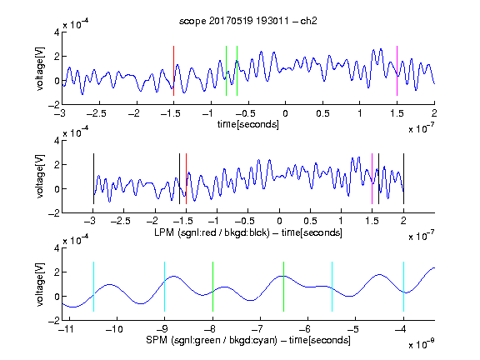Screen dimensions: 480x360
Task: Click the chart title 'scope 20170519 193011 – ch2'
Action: click(x=248, y=21)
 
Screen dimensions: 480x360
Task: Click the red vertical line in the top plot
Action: click(x=173, y=71)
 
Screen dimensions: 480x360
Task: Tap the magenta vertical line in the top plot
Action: click(x=397, y=71)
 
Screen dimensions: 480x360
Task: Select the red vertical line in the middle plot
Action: click(x=186, y=179)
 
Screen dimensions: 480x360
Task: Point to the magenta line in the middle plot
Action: click(x=372, y=179)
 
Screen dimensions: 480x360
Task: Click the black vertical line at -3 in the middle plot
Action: click(x=93, y=179)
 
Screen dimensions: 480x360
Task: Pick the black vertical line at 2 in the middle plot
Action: click(x=403, y=179)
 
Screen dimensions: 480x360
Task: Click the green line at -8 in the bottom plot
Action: click(x=212, y=287)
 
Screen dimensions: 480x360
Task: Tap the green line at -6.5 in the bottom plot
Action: click(x=284, y=287)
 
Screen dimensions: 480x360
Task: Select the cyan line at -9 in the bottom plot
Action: click(x=165, y=287)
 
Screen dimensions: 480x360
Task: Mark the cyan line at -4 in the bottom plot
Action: click(x=403, y=287)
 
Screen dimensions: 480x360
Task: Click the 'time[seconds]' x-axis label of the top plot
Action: click(x=248, y=124)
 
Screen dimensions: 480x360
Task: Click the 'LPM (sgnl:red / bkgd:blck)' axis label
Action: click(x=212, y=232)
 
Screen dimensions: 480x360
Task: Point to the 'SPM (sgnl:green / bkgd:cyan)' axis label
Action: click(x=212, y=340)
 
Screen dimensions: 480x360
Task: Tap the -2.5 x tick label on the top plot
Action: click(x=97, y=113)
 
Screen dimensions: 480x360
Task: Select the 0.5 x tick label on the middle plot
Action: click(x=310, y=221)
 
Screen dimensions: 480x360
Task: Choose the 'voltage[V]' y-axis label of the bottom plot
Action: click(x=40, y=284)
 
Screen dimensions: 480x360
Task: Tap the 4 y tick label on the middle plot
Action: click(x=57, y=141)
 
